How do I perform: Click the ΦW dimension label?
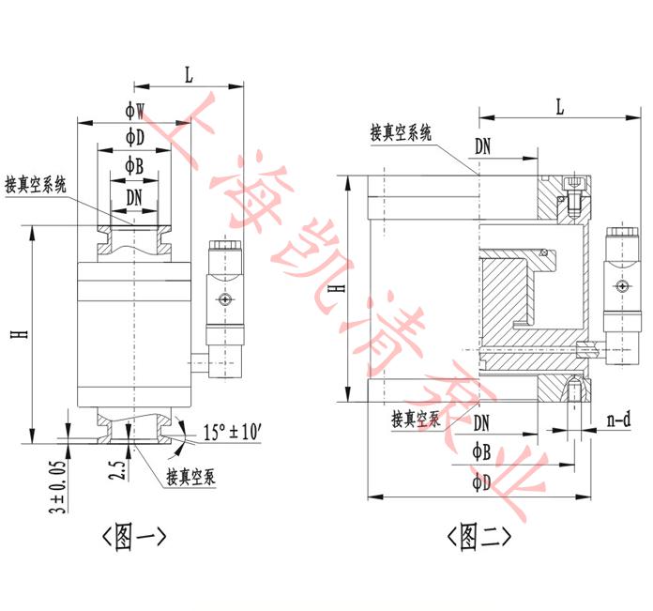[135, 111]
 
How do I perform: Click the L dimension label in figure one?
[190, 75]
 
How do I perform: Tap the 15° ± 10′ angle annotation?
[232, 432]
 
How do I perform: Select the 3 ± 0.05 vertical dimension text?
[58, 486]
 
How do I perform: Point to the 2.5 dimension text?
[116, 470]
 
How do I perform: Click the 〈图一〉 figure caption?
[134, 537]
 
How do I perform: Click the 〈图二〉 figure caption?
[478, 537]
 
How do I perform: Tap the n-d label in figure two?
[619, 420]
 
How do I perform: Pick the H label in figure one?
[20, 334]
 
